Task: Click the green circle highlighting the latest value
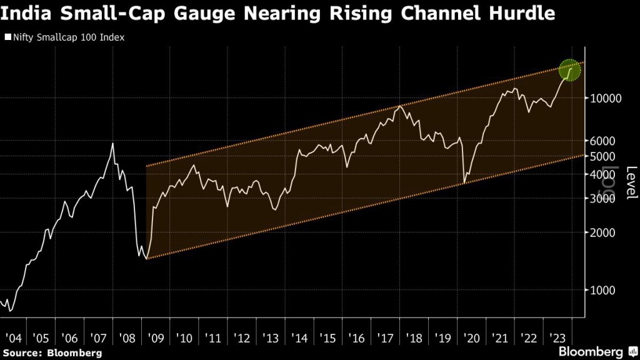569,69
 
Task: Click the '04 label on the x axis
12,339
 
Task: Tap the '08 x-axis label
127,339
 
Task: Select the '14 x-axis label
299,339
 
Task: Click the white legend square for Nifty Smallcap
7,37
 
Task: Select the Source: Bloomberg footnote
51,352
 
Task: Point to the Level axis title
631,182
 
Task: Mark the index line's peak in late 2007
112,144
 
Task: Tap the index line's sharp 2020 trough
464,183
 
